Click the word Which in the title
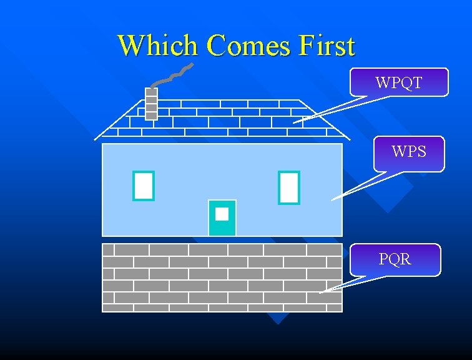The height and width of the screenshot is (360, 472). point(159,45)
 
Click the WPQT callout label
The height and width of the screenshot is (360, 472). point(399,82)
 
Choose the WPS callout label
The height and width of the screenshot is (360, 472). point(409,152)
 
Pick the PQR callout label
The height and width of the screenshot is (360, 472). point(395,259)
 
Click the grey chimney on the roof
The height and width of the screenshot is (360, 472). point(151,103)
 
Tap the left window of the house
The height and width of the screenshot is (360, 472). point(144,186)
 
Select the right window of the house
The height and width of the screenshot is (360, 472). point(289,187)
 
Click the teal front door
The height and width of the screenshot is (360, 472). point(222,225)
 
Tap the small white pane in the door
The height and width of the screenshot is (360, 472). point(222,214)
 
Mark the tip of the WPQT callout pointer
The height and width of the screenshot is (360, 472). point(293,122)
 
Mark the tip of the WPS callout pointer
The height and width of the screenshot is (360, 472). point(331,200)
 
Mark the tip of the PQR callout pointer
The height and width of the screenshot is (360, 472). point(320,292)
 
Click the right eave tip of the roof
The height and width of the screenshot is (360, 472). point(350,139)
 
